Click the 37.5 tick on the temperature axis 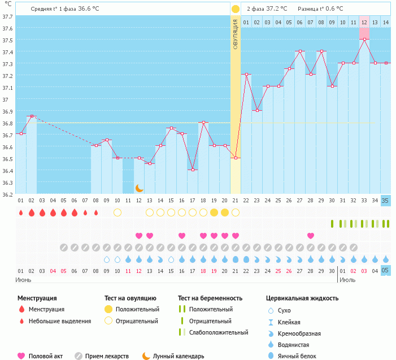pos(8,40)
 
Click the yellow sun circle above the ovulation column pos(235,8)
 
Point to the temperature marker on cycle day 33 pos(364,39)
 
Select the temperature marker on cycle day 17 pos(193,170)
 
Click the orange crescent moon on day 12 pos(139,188)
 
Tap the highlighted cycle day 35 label pos(385,201)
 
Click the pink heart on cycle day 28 pos(311,236)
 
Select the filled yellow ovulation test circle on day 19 pos(214,212)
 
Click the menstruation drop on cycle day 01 pos(21,212)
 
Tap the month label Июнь pos(23,280)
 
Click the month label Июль pos(347,280)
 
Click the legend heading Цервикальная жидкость pos(302,298)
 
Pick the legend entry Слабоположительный pos(219,332)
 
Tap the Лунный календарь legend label pos(179,356)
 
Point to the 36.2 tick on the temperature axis pos(8,194)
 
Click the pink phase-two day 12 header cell pos(364,22)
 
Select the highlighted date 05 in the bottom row pos(385,271)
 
